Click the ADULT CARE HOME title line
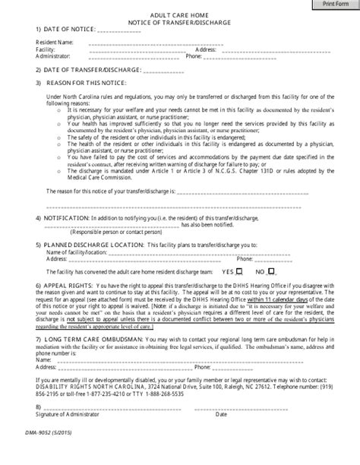[178, 14]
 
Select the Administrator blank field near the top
[133, 55]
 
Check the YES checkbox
[240, 271]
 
